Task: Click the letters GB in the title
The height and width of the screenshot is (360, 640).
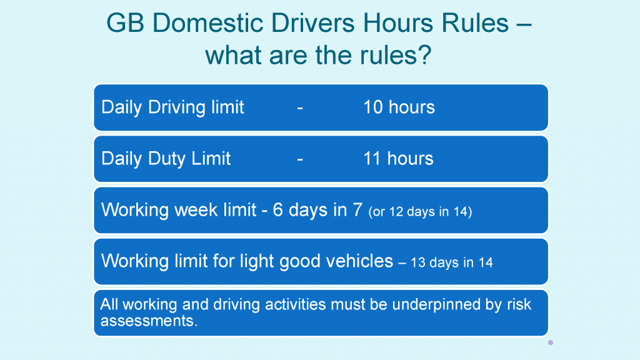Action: pos(125,23)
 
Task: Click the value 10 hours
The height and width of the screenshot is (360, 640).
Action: pos(399,107)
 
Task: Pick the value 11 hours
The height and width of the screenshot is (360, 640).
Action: pos(398,158)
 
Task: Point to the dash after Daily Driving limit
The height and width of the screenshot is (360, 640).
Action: pos(300,108)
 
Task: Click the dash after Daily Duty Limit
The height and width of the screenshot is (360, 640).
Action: pos(300,159)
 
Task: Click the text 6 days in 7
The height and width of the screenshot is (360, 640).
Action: pos(317,210)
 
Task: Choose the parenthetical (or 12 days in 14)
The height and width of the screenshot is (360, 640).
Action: pos(420,211)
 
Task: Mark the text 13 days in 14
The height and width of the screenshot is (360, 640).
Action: pos(452,262)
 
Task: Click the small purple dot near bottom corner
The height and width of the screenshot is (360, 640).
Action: pos(551,342)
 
